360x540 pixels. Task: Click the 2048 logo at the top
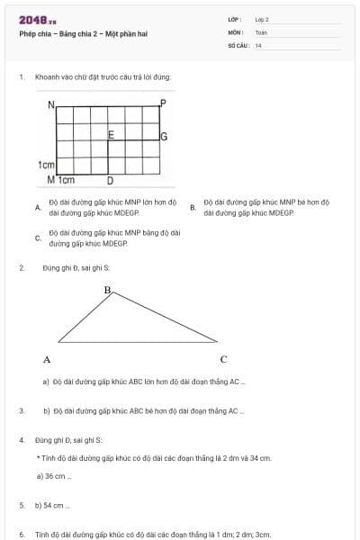point(38,19)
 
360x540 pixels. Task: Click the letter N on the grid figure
point(51,104)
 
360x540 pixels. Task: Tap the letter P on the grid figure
point(163,103)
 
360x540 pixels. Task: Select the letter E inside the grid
point(111,135)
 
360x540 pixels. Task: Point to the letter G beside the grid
point(164,138)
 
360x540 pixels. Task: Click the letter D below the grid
point(110,180)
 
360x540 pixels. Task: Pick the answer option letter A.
point(37,207)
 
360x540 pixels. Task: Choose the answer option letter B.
point(193,207)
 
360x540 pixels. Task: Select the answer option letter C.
point(37,238)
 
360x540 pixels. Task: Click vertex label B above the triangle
point(107,291)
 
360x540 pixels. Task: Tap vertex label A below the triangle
point(47,359)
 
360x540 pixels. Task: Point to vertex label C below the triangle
point(223,359)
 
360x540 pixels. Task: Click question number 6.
point(21,534)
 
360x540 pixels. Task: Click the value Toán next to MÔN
point(261,31)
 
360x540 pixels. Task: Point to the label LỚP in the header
point(233,19)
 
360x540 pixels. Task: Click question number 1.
point(21,77)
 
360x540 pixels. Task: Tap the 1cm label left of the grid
point(47,166)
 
